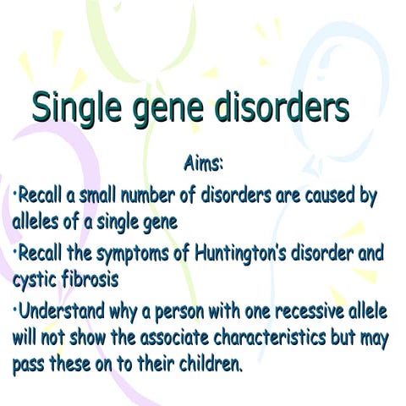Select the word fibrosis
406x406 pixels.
(87, 277)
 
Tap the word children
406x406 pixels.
(212, 366)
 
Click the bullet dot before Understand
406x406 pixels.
(16, 305)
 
